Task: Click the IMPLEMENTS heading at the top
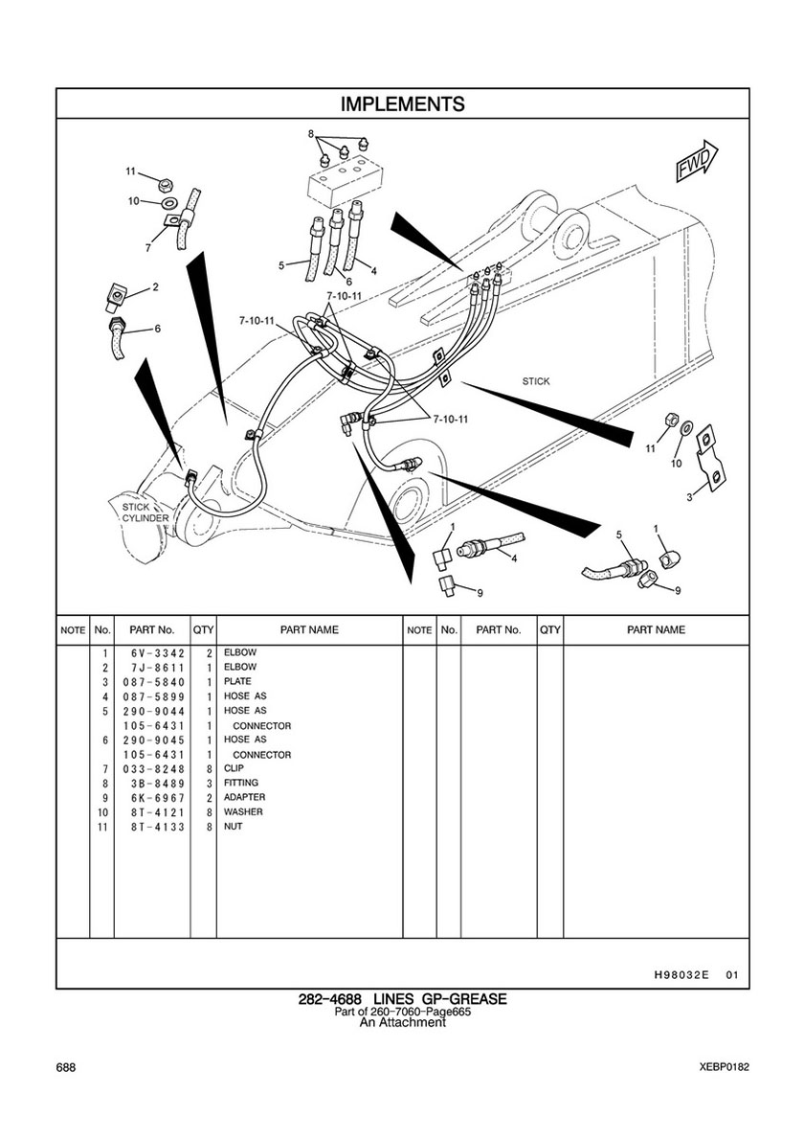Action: [x=402, y=103]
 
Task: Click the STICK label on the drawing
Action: [x=536, y=381]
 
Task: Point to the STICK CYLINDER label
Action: [x=145, y=512]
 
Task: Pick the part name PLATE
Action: [x=237, y=682]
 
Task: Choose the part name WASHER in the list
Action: [x=243, y=812]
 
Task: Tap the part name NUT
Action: [x=234, y=827]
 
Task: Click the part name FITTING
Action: [x=241, y=784]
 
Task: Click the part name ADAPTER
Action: [x=244, y=798]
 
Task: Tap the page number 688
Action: [x=66, y=1067]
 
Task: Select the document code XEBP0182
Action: [x=724, y=1067]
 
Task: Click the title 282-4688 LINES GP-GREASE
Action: [x=402, y=1000]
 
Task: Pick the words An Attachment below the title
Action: [x=402, y=1023]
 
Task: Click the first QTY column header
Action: [x=203, y=630]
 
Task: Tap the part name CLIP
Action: [x=234, y=768]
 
